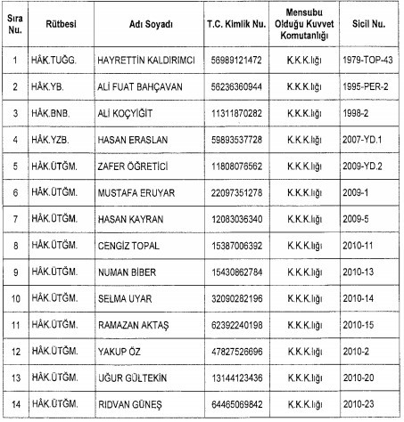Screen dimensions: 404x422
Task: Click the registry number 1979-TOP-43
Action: click(367, 60)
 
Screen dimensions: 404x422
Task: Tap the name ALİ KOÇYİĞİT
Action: click(126, 114)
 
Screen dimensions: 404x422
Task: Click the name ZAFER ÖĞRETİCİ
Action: click(133, 166)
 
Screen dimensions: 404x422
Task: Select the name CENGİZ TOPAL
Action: click(129, 245)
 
